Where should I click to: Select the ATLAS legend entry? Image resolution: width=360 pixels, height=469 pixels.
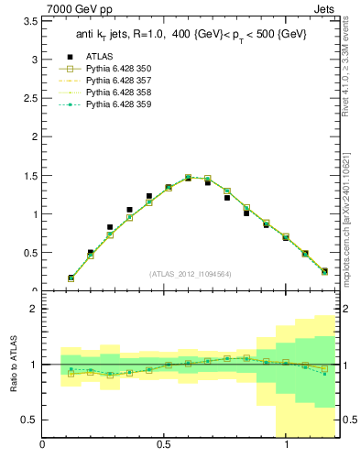coord(100,57)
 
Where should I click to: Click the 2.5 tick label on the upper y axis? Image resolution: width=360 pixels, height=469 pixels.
coord(30,98)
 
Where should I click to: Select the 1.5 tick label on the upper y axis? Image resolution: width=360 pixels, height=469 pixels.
coord(30,176)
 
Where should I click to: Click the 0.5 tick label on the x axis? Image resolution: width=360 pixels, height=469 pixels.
coord(165,445)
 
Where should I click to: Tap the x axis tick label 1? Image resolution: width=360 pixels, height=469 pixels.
coord(288,445)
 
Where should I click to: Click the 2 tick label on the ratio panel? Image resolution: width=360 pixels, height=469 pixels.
coord(33,310)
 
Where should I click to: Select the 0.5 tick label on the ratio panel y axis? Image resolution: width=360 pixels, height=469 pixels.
coord(29,420)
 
